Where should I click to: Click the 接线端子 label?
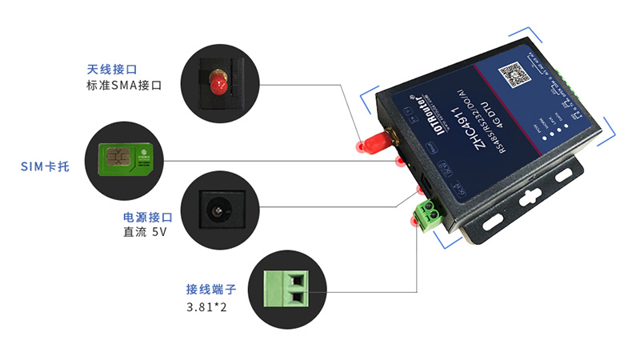[210, 290]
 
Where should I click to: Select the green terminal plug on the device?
[428, 212]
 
